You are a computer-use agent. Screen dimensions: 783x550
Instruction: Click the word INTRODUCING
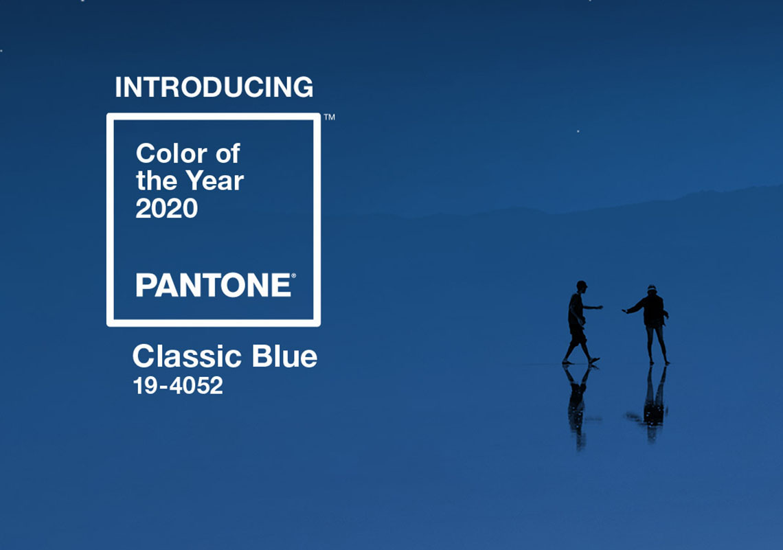214,87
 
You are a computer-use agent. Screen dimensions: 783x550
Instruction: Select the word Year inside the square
215,181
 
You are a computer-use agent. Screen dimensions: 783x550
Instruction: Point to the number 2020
167,208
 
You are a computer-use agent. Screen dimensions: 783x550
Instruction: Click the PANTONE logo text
213,285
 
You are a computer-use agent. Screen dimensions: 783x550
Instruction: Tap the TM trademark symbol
330,117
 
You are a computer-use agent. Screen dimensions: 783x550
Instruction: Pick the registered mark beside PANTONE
294,275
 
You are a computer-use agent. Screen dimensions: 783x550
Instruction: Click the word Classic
187,356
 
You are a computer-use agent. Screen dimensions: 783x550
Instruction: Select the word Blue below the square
284,356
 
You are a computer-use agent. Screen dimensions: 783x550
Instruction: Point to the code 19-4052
178,386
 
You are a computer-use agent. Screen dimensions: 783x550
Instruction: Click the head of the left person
581,286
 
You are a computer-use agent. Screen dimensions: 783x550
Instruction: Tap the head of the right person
652,290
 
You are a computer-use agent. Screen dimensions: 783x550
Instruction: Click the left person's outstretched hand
598,308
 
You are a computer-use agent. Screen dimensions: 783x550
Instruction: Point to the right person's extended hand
625,311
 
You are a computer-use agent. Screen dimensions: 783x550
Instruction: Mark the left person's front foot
593,360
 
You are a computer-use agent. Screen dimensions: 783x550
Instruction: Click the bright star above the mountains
578,131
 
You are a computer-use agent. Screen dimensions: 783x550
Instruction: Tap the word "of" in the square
228,153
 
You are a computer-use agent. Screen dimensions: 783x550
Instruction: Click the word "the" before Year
157,181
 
